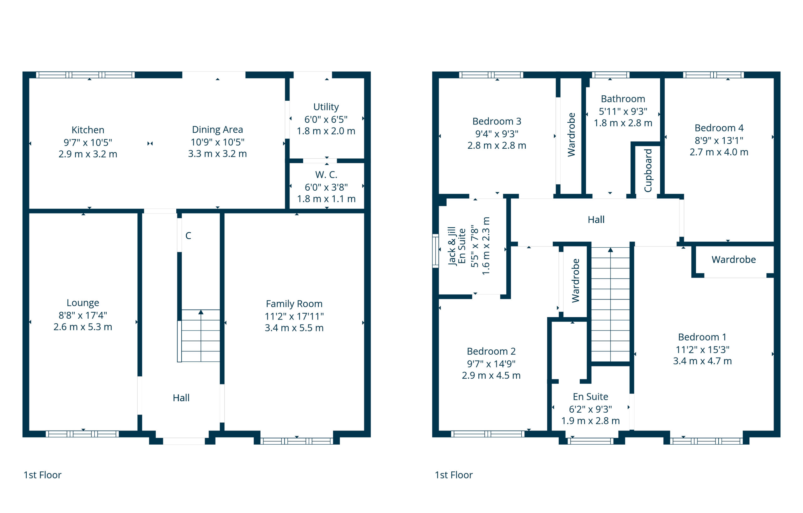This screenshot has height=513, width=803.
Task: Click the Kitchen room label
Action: pos(88,130)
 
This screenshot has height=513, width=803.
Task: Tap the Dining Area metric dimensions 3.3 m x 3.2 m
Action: pos(217,154)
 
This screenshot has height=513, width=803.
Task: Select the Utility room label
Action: pos(326,107)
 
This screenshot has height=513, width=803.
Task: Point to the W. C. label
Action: pos(326,174)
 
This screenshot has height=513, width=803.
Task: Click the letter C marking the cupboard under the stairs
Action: pos(188,236)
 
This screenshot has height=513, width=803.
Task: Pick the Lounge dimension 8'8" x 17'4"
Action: pos(83,315)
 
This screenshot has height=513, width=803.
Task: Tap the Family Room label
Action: pos(294,304)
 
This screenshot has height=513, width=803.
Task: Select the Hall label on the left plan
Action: pos(181,398)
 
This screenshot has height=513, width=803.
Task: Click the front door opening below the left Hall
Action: pos(183,441)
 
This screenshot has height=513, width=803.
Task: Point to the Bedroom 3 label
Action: pos(497,121)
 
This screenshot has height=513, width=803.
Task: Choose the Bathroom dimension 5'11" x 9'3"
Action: pos(623,111)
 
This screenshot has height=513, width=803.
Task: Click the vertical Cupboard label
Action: pos(648,170)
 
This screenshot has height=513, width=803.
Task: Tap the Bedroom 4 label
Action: pos(719,128)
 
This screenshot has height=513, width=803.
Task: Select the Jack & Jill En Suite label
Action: pos(456,246)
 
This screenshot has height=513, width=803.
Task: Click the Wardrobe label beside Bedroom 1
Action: pos(733,259)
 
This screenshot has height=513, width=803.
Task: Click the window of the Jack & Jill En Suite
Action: pos(435,251)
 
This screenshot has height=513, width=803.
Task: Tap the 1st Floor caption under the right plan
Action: pos(453,475)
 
